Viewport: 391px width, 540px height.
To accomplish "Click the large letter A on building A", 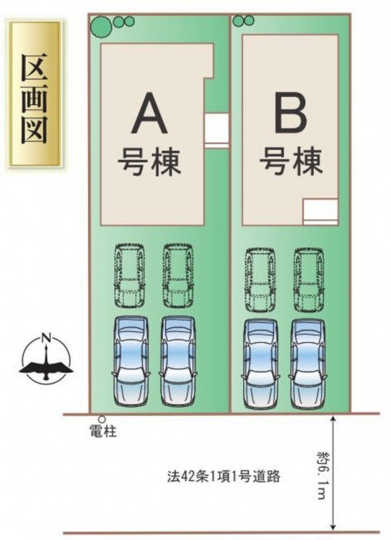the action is point(149,114).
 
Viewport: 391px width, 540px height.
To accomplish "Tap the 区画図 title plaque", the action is point(35,94).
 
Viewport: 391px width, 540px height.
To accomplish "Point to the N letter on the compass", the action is point(46,338).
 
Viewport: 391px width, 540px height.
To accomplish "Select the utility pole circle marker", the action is point(102,419).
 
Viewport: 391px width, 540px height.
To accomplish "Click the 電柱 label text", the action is point(103,431).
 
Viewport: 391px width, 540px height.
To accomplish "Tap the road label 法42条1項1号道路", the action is point(223,477).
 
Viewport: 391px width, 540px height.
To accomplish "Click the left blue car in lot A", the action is point(131,361).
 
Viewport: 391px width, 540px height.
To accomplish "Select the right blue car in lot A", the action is point(178,361).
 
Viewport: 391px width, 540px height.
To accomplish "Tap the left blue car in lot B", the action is point(260,364).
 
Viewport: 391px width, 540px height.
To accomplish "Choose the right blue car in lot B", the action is point(308,364).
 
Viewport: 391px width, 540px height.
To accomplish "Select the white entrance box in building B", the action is point(320,212).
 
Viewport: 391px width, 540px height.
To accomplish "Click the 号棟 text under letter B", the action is point(291,161).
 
